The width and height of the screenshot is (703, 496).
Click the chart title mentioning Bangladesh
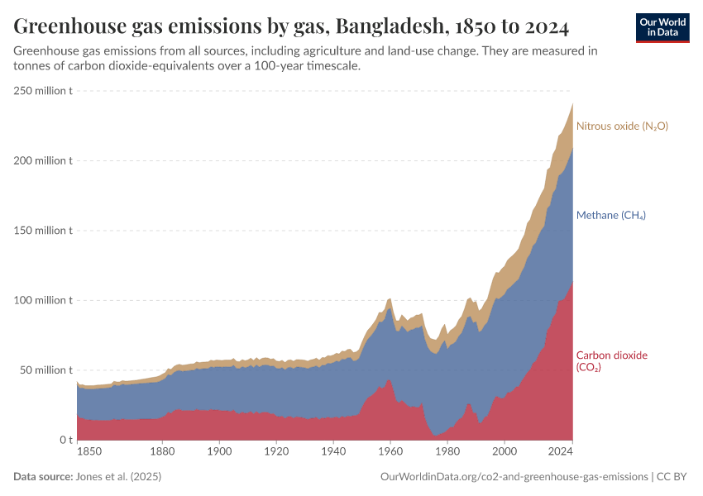291,27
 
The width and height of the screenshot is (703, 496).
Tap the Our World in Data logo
662,27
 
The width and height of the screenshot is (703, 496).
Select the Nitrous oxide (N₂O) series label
622,126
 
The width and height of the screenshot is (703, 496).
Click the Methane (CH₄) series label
610,215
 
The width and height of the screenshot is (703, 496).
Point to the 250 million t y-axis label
43,90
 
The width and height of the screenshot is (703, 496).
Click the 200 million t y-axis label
43,160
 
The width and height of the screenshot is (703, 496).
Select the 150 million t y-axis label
43,230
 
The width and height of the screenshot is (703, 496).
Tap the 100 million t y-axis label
43,300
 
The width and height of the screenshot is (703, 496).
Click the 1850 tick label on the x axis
90,452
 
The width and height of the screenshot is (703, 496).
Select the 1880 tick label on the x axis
162,452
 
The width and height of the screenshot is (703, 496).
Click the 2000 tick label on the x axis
504,452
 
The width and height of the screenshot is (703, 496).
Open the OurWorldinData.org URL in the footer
514,477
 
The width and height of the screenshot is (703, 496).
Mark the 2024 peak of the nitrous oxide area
572,104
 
